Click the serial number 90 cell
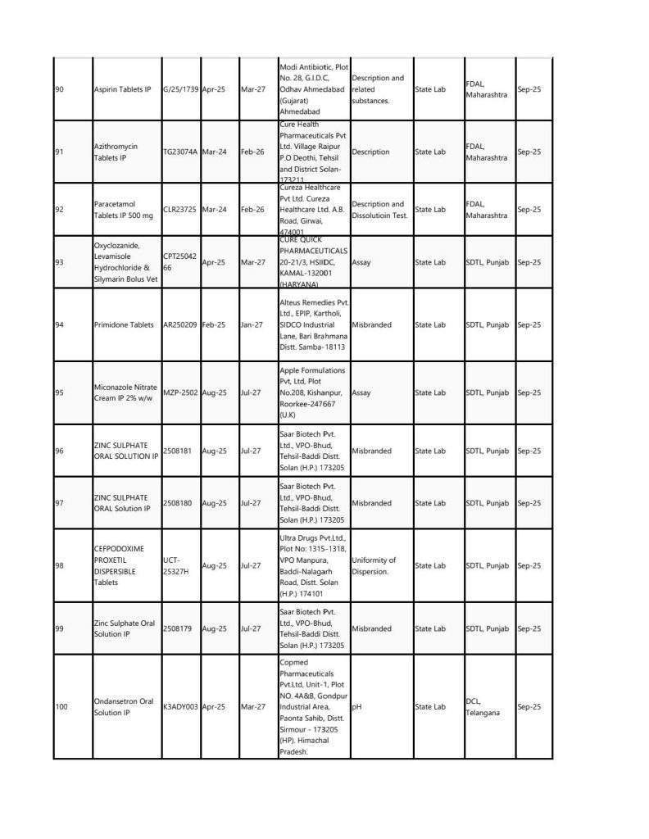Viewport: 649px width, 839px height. (59, 89)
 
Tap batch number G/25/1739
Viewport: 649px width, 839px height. (180, 89)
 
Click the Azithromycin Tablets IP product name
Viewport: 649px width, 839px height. (116, 152)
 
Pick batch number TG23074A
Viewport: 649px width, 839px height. (180, 152)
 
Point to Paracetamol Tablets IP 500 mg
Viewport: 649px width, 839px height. (123, 210)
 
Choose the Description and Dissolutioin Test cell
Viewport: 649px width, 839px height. (378, 210)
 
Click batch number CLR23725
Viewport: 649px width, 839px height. (180, 210)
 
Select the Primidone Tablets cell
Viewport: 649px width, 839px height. (124, 324)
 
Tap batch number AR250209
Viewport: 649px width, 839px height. (180, 324)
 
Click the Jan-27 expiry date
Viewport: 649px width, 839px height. (252, 324)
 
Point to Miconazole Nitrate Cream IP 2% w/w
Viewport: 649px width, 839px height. (125, 392)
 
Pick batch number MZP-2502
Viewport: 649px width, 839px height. (180, 392)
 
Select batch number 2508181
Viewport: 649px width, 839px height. (178, 451)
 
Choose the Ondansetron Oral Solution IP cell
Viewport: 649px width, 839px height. (124, 706)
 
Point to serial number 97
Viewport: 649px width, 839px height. (59, 503)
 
